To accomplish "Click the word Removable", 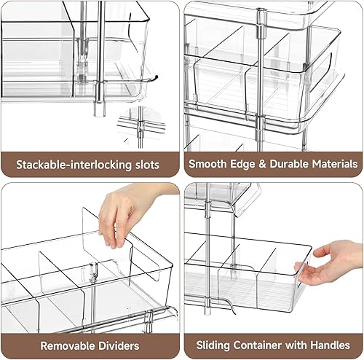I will pyautogui.click(x=68, y=345).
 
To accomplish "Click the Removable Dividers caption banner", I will pyautogui.click(x=90, y=345).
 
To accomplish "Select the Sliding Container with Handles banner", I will pyautogui.click(x=273, y=345).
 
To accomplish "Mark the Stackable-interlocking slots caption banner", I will pyautogui.click(x=90, y=164).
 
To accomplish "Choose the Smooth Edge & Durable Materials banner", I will pyautogui.click(x=273, y=164).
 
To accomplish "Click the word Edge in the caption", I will pyautogui.click(x=236, y=164).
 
